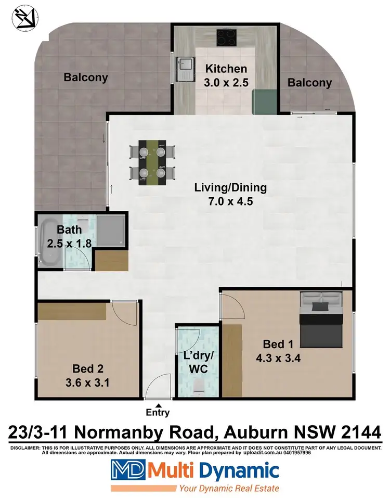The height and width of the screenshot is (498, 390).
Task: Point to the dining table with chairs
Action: click(x=152, y=162)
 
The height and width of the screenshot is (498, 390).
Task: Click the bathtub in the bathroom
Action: click(x=50, y=242)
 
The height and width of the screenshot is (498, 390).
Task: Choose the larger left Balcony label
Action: click(x=86, y=78)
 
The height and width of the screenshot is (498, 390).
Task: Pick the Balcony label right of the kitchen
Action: click(x=309, y=82)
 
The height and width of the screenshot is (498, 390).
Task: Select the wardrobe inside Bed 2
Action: click(x=72, y=312)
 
